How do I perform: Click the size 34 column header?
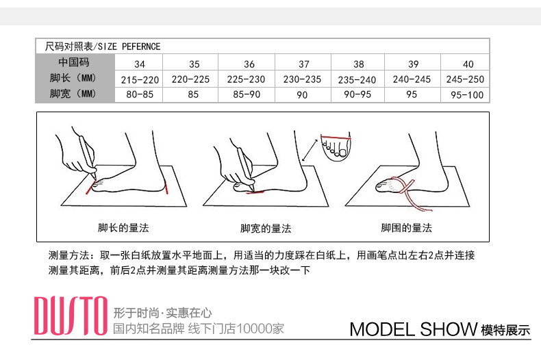pyautogui.click(x=140, y=64)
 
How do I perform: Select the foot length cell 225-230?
pyautogui.click(x=246, y=79)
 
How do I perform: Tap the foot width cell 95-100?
pyautogui.click(x=467, y=95)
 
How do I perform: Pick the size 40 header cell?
pyautogui.click(x=468, y=64)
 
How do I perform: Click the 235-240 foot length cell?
pyautogui.click(x=357, y=80)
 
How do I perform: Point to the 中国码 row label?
pyautogui.click(x=74, y=62)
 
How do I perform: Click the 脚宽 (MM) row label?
pyautogui.click(x=73, y=94)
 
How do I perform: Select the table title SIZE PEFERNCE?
pyautogui.click(x=129, y=47)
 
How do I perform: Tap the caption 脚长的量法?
pyautogui.click(x=123, y=228)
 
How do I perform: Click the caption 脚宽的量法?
pyautogui.click(x=266, y=229)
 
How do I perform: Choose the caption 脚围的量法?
pyautogui.click(x=407, y=228)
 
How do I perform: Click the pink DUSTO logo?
pyautogui.click(x=71, y=316)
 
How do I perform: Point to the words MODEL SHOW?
pyautogui.click(x=414, y=329)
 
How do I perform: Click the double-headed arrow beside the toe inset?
pyautogui.click(x=310, y=150)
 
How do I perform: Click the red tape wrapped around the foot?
pyautogui.click(x=411, y=193)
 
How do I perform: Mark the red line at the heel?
pyautogui.click(x=166, y=188)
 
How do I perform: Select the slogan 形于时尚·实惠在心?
pyautogui.click(x=162, y=313)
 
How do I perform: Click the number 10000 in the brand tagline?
pyautogui.click(x=249, y=329)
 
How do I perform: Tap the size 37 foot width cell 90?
pyautogui.click(x=302, y=95)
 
